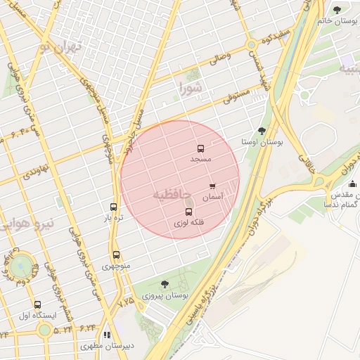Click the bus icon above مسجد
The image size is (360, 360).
(200, 149)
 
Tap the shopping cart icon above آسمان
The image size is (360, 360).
(212, 186)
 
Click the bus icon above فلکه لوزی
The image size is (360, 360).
(188, 212)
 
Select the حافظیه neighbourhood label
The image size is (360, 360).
(172, 193)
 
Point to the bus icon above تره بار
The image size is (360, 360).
(114, 207)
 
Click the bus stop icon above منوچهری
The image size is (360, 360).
(116, 255)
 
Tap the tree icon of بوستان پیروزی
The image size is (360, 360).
(165, 284)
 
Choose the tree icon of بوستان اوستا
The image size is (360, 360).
(262, 131)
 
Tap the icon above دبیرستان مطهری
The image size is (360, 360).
(107, 335)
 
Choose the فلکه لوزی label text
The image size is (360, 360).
(190, 223)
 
